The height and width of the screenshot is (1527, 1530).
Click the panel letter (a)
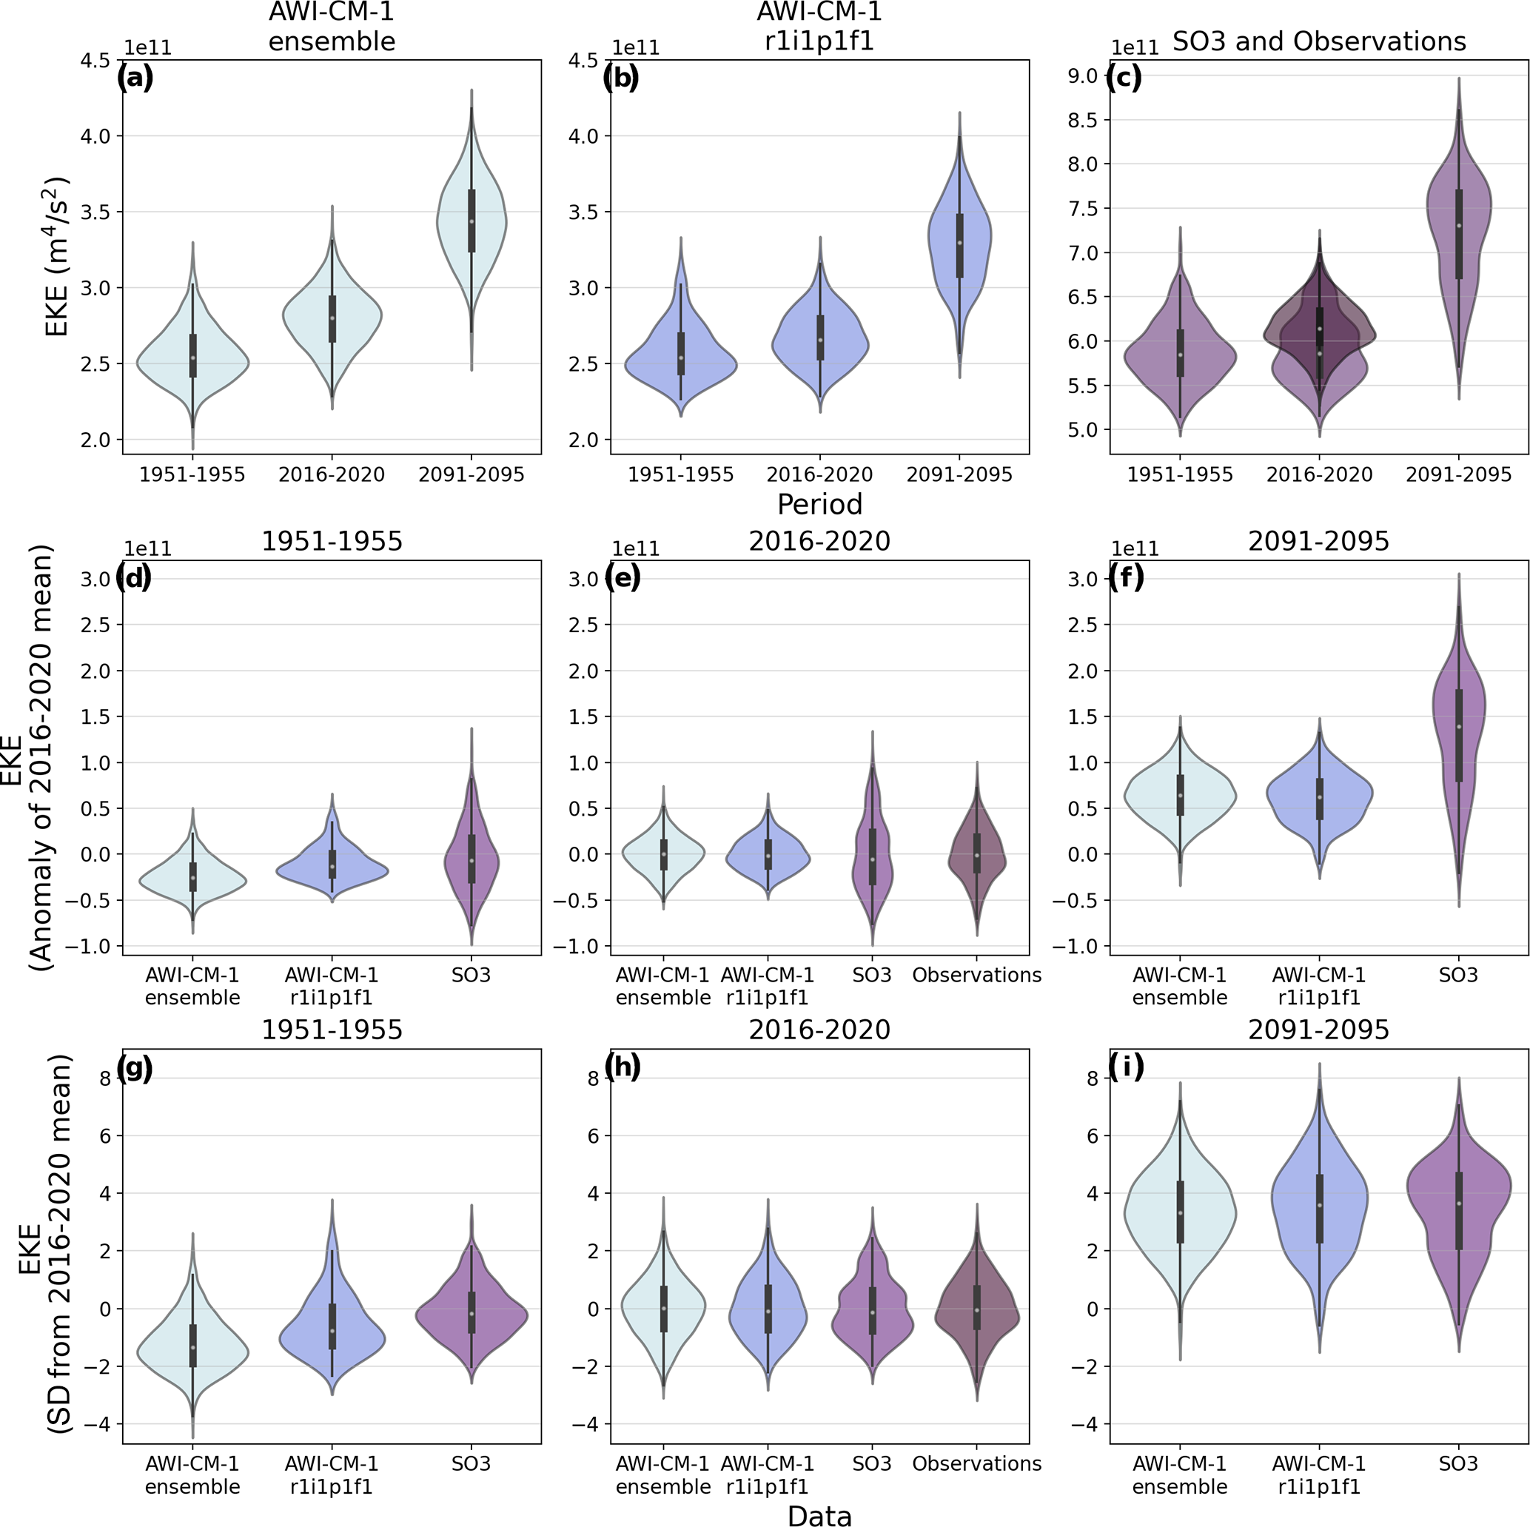point(135,78)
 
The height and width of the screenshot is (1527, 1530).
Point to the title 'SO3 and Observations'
point(1318,41)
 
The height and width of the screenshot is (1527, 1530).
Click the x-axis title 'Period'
point(819,504)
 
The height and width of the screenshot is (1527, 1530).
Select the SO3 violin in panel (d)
point(472,856)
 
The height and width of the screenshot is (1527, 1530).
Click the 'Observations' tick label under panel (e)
point(976,975)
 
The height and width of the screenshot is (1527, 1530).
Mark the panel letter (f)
point(1127,577)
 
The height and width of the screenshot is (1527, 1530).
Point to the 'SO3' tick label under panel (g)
point(472,1463)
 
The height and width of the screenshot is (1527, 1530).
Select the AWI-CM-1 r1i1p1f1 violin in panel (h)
point(768,1315)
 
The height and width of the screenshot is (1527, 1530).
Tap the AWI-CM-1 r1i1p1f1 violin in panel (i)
point(1318,1204)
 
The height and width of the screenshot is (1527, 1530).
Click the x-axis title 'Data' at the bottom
point(819,1514)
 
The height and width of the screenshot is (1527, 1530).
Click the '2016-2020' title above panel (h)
point(819,1030)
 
